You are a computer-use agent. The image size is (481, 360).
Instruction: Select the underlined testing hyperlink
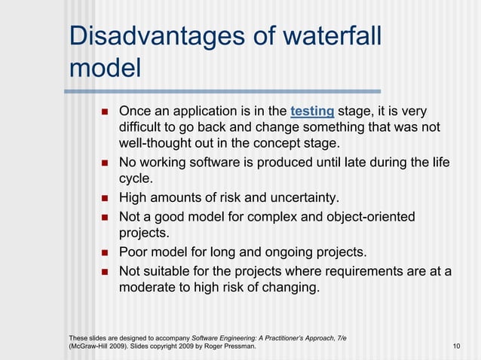[x=312, y=111]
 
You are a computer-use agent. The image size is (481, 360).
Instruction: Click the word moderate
[x=148, y=288]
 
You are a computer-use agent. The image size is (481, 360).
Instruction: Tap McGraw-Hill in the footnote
[x=90, y=346]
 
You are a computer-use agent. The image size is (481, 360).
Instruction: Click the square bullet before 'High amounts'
[x=105, y=199]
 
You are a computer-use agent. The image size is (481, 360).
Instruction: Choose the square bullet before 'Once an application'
[x=105, y=111]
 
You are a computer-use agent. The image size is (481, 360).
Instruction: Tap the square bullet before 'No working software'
[x=105, y=162]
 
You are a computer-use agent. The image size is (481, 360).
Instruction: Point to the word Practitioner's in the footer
[x=277, y=337]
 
